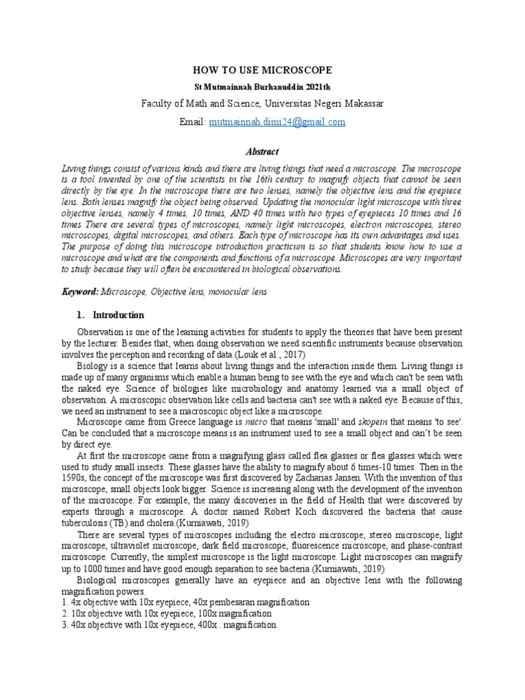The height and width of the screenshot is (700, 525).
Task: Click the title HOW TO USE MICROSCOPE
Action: (x=262, y=70)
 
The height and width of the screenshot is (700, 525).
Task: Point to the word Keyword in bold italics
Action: (x=79, y=292)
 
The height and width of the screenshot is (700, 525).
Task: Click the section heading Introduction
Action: (x=118, y=315)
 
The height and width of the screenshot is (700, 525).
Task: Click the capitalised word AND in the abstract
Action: (x=216, y=214)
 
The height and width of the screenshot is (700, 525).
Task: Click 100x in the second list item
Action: (x=205, y=613)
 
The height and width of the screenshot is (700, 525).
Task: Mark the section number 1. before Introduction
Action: (x=80, y=315)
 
